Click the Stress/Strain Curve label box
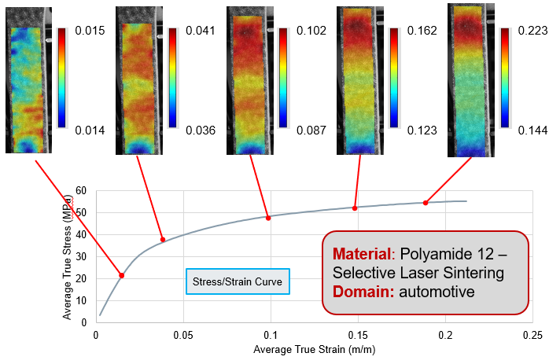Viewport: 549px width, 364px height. [238, 281]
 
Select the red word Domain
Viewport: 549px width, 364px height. [360, 292]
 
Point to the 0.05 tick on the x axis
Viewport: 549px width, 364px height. [183, 335]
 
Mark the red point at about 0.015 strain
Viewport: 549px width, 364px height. [122, 275]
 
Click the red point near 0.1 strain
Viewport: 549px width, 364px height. [268, 218]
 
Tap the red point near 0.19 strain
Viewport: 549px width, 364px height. [426, 203]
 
